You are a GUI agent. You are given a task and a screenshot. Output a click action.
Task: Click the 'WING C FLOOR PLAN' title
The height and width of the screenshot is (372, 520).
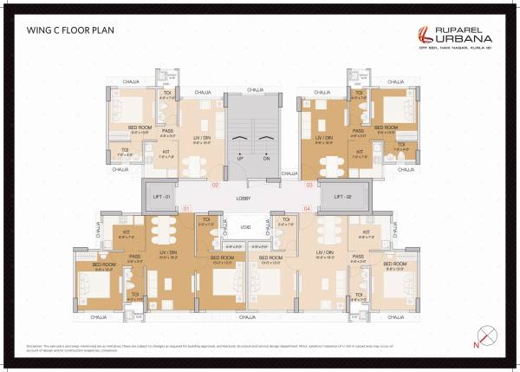tap(71, 30)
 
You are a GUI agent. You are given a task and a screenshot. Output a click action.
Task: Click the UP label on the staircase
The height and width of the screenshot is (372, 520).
tap(240, 160)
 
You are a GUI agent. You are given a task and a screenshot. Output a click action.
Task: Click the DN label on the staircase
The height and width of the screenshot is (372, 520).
tap(266, 160)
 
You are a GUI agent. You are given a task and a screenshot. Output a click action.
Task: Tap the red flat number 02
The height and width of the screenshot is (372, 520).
tap(215, 186)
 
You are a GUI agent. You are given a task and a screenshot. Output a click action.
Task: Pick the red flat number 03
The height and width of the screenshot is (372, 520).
tap(309, 186)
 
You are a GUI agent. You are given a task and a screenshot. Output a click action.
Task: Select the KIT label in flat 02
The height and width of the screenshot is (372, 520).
tap(166, 152)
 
